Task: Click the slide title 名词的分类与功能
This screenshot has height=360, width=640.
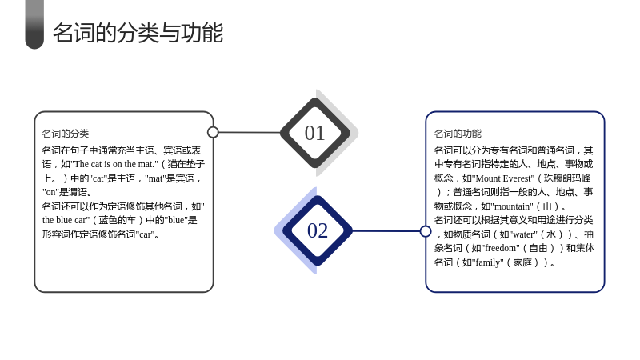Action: click(x=138, y=33)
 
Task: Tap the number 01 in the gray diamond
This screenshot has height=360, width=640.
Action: click(x=314, y=133)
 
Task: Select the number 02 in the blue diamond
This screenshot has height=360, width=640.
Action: click(x=318, y=230)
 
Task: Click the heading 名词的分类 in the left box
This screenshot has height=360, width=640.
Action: click(x=66, y=134)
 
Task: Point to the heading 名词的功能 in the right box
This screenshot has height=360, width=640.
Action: click(x=458, y=134)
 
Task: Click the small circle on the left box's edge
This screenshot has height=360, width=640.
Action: click(x=213, y=132)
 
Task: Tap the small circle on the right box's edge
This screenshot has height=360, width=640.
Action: click(x=426, y=231)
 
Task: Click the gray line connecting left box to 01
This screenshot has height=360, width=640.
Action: click(x=250, y=132)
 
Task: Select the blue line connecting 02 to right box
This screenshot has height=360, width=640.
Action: click(x=386, y=231)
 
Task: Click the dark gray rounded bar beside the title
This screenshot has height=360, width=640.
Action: click(x=34, y=25)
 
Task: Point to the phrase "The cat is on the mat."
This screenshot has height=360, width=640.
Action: click(x=114, y=164)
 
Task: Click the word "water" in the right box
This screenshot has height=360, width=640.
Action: click(x=522, y=234)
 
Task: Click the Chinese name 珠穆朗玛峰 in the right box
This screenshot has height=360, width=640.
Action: click(x=567, y=178)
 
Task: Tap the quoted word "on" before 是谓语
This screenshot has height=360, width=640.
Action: click(x=50, y=192)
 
